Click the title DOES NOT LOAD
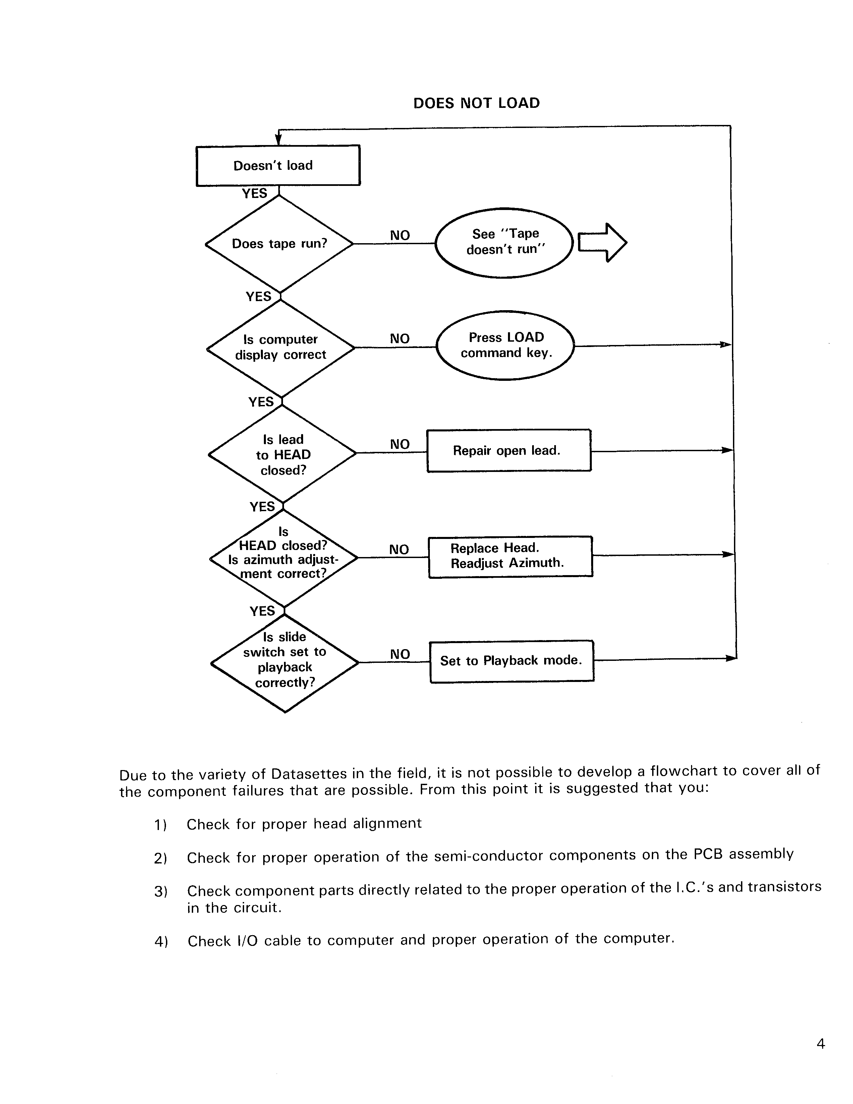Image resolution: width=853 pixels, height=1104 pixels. coord(476,103)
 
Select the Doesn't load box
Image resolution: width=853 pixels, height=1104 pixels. coord(278,165)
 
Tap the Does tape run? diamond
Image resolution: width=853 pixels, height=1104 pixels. coord(279,244)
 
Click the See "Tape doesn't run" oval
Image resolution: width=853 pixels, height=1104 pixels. coord(504,243)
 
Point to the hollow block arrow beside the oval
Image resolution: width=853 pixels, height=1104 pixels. coord(602,243)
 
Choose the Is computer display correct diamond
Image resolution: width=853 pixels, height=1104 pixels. coord(281,348)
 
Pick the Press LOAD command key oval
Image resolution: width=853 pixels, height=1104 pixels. coord(505,345)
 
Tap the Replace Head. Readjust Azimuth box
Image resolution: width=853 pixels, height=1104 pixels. coord(510,556)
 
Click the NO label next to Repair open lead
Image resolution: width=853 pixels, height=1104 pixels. coord(400,444)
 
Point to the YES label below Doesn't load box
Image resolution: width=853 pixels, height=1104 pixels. coord(254,194)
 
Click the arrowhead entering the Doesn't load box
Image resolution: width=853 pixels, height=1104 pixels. coord(278,140)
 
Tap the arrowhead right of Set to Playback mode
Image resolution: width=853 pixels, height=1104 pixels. coord(731,658)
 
